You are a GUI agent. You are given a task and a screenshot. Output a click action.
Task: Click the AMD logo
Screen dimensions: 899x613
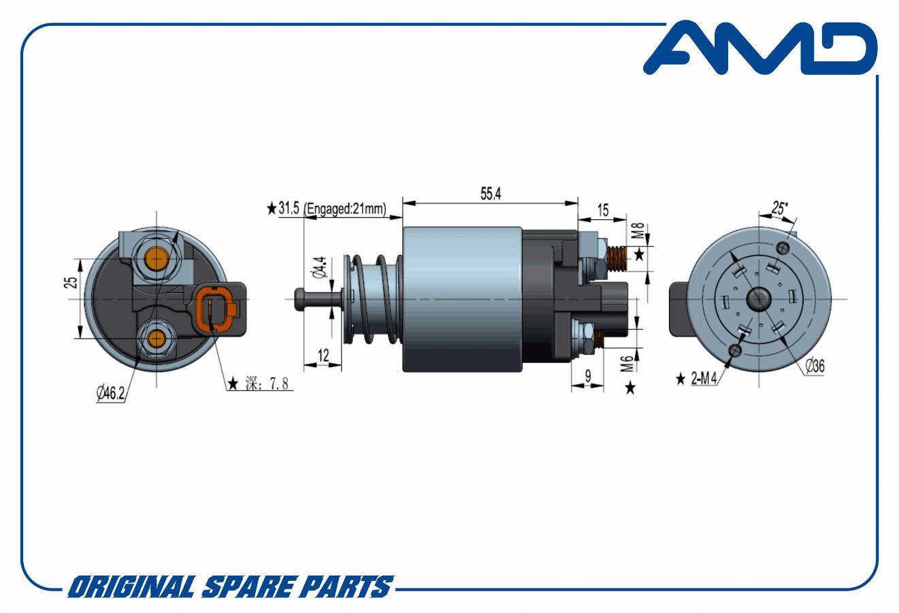(x=761, y=48)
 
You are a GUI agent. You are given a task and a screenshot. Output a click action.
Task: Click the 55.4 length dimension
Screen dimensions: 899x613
(x=491, y=194)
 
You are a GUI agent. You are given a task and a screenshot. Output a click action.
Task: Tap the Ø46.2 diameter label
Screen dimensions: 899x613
(x=110, y=392)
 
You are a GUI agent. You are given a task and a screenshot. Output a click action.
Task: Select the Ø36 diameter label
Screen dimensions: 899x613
(x=815, y=366)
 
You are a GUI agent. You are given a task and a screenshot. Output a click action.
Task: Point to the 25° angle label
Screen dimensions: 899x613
(x=779, y=208)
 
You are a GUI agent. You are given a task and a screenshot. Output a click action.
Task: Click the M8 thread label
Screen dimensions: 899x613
(x=638, y=231)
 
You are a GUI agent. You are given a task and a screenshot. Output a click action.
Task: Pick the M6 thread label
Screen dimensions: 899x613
(x=627, y=363)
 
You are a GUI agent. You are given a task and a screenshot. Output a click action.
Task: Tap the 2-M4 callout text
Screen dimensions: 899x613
(x=704, y=378)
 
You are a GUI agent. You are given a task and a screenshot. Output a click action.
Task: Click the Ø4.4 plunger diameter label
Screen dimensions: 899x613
(x=320, y=267)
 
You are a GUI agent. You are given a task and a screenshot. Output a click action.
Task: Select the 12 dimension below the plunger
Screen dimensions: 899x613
(x=323, y=356)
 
